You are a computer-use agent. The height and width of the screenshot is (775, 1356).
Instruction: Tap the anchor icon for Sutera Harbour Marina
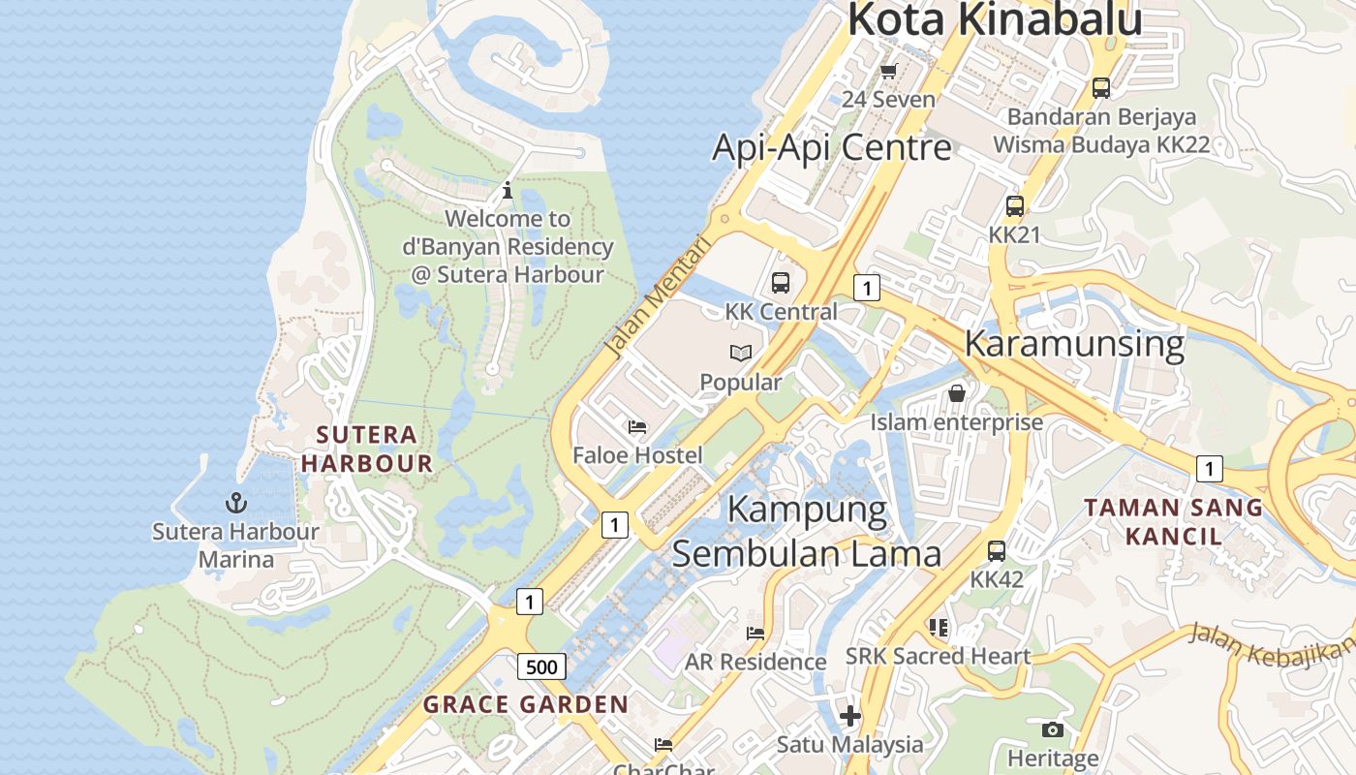(235, 503)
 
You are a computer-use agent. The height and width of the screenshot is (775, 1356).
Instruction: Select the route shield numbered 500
(541, 666)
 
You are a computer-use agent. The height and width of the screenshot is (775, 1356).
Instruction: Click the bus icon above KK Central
(781, 283)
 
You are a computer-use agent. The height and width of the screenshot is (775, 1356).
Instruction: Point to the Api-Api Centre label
(831, 147)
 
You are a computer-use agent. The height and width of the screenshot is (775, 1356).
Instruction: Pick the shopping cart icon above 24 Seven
(888, 71)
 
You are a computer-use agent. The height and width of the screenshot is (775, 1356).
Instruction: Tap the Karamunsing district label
(1074, 343)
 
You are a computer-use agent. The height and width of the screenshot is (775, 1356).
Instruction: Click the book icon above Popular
(741, 354)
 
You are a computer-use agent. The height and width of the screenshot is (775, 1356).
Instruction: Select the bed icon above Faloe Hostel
(637, 426)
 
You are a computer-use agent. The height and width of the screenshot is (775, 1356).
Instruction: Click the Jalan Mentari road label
(656, 295)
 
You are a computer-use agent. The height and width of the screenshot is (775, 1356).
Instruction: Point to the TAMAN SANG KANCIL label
(1173, 521)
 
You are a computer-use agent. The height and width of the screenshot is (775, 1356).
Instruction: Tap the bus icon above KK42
(997, 551)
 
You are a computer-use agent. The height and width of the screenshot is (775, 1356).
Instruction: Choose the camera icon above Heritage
(1053, 729)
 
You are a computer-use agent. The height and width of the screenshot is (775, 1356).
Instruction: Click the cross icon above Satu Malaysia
(850, 716)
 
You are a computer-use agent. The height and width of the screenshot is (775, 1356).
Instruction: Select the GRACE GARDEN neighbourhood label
(526, 704)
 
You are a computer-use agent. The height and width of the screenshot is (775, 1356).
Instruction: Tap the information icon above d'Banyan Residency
(508, 190)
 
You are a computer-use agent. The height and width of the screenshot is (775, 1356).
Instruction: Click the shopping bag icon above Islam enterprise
(957, 393)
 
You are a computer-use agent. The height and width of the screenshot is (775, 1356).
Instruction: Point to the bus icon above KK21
(1014, 206)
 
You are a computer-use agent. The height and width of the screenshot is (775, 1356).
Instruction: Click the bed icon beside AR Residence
(755, 634)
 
